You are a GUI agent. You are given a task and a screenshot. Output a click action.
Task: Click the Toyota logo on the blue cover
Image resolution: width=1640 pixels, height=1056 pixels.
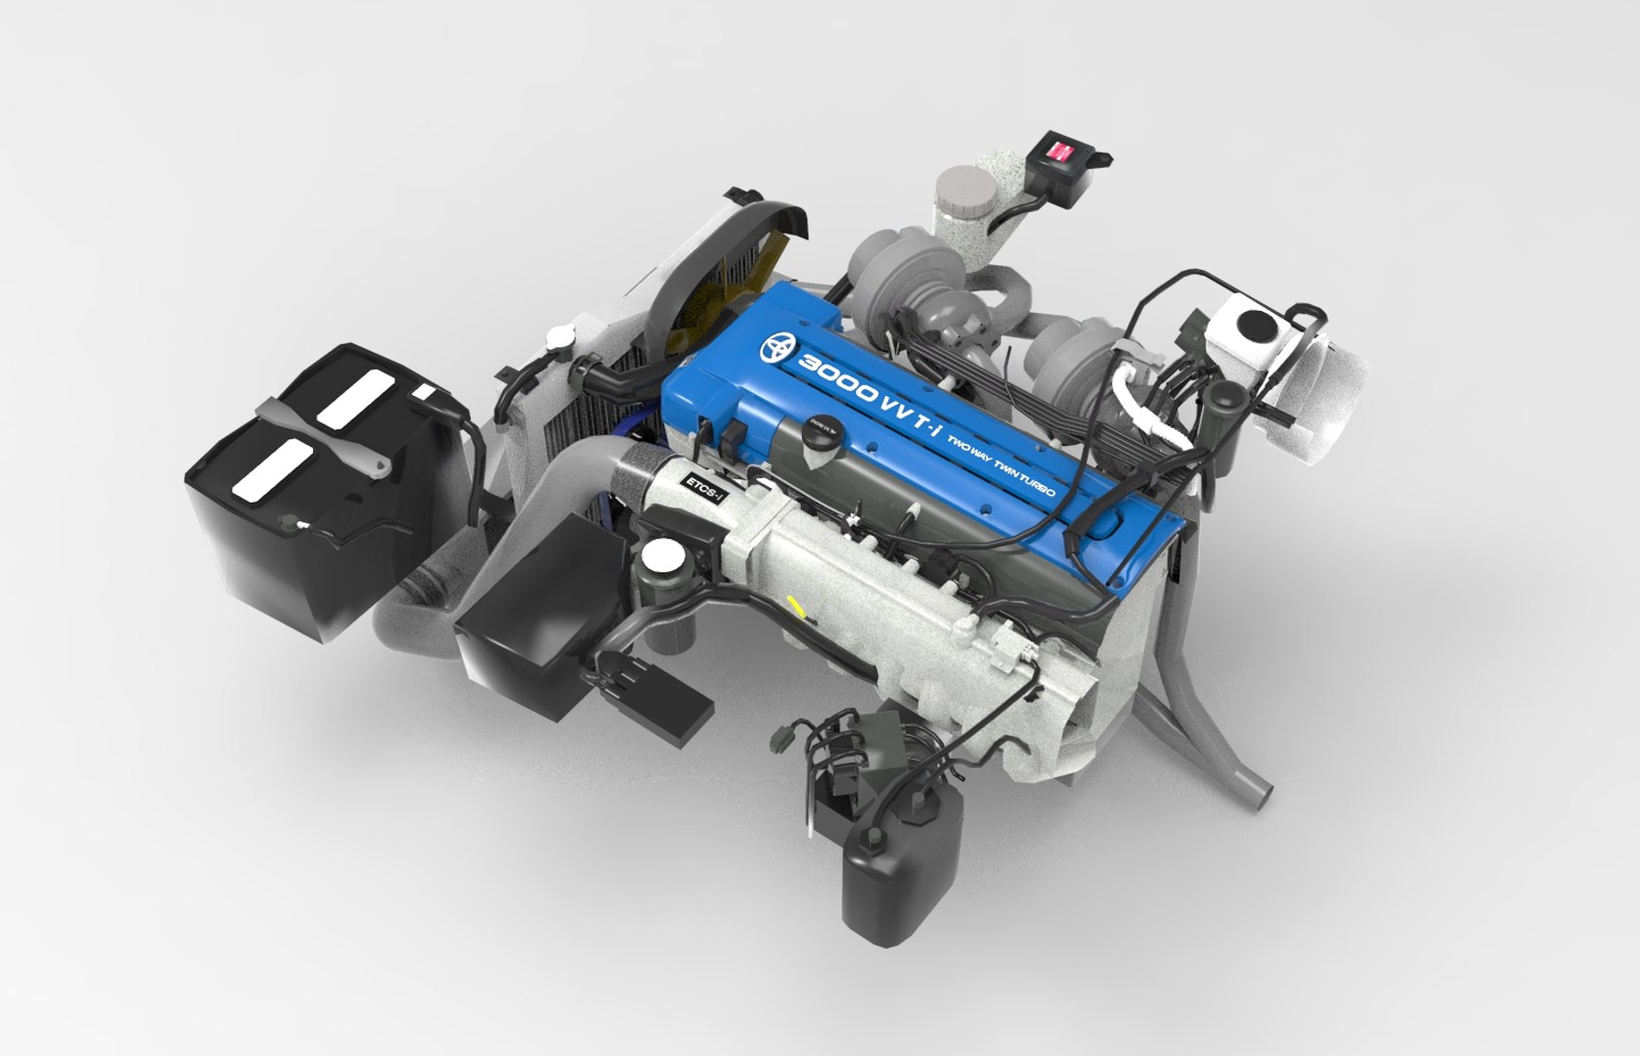pos(780,347)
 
